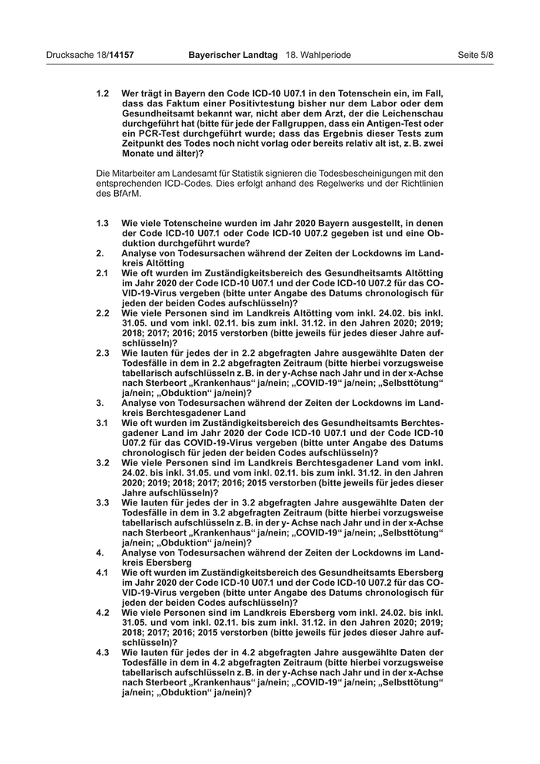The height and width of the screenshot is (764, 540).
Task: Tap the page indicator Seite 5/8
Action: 475,56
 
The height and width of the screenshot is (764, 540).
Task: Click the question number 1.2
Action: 103,93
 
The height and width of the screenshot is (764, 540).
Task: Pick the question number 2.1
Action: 103,273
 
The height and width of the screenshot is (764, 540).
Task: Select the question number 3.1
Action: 103,424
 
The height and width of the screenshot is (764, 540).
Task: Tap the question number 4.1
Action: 103,573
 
